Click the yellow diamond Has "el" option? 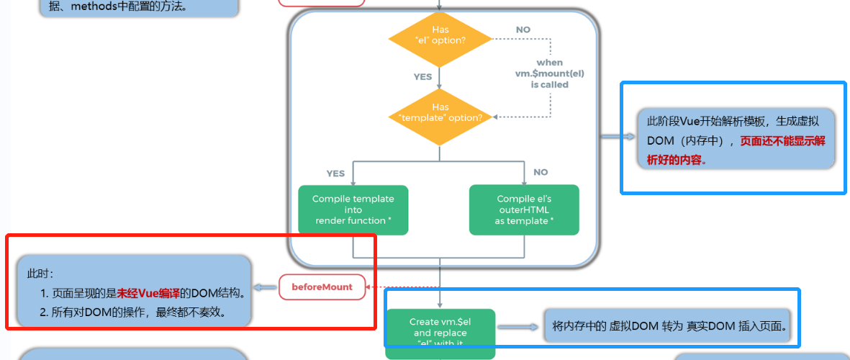[x=440, y=35]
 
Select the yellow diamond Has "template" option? [x=440, y=112]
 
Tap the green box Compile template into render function [x=353, y=210]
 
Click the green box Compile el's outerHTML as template [x=523, y=210]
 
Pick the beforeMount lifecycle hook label [x=322, y=287]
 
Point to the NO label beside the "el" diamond [x=523, y=30]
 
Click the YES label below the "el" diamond [x=422, y=76]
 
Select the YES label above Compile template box [x=335, y=173]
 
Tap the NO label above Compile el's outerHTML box [x=541, y=172]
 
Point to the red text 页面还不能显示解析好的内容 [x=734, y=150]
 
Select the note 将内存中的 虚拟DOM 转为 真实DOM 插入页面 [x=669, y=326]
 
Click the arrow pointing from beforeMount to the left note [x=266, y=287]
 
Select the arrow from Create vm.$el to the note [x=517, y=326]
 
